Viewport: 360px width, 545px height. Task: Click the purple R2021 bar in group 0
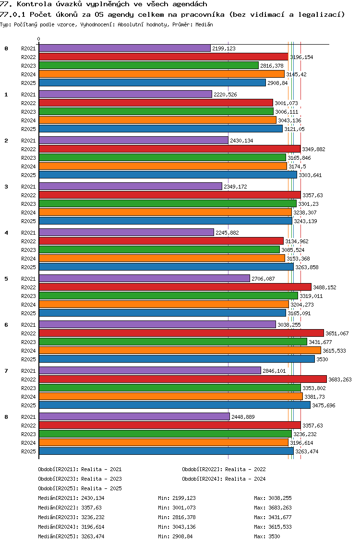(x=124, y=48)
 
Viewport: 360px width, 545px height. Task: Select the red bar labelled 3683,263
(x=182, y=379)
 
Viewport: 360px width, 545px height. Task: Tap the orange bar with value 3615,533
(x=180, y=350)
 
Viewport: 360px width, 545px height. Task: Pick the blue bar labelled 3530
(x=177, y=359)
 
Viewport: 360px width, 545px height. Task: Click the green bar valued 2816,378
(x=149, y=65)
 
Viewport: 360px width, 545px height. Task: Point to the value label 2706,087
(x=263, y=279)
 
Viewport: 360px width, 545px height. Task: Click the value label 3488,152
(x=324, y=287)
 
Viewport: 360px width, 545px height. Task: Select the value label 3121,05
(x=294, y=129)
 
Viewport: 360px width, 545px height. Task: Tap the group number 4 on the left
(x=6, y=233)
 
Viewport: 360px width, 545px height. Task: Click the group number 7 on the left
(x=6, y=371)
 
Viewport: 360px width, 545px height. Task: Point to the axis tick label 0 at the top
(x=38, y=39)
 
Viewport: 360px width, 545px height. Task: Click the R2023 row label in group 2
(x=28, y=158)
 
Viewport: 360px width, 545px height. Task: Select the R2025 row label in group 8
(x=28, y=451)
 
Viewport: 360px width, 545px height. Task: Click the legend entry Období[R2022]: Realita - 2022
(x=224, y=469)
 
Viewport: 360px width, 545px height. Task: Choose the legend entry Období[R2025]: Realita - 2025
(x=80, y=488)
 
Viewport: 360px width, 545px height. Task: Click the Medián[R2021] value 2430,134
(x=93, y=498)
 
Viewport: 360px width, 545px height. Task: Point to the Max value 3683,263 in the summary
(x=280, y=508)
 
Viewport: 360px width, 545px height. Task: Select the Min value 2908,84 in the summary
(x=182, y=536)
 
